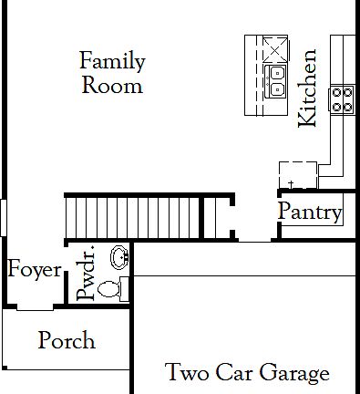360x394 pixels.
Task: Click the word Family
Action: click(112, 63)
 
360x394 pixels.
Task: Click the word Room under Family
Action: click(112, 86)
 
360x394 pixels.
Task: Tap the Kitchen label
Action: click(308, 88)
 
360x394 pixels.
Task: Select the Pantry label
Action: click(310, 213)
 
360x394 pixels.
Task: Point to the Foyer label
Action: click(35, 270)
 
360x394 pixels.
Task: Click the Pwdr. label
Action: click(87, 275)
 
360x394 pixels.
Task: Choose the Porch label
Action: click(67, 341)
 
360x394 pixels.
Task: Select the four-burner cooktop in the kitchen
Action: click(342, 98)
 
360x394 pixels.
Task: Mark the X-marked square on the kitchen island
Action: click(275, 48)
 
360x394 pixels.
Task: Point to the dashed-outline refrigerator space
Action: click(297, 173)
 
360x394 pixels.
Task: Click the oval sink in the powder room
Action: click(118, 256)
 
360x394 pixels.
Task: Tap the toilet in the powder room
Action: click(112, 290)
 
